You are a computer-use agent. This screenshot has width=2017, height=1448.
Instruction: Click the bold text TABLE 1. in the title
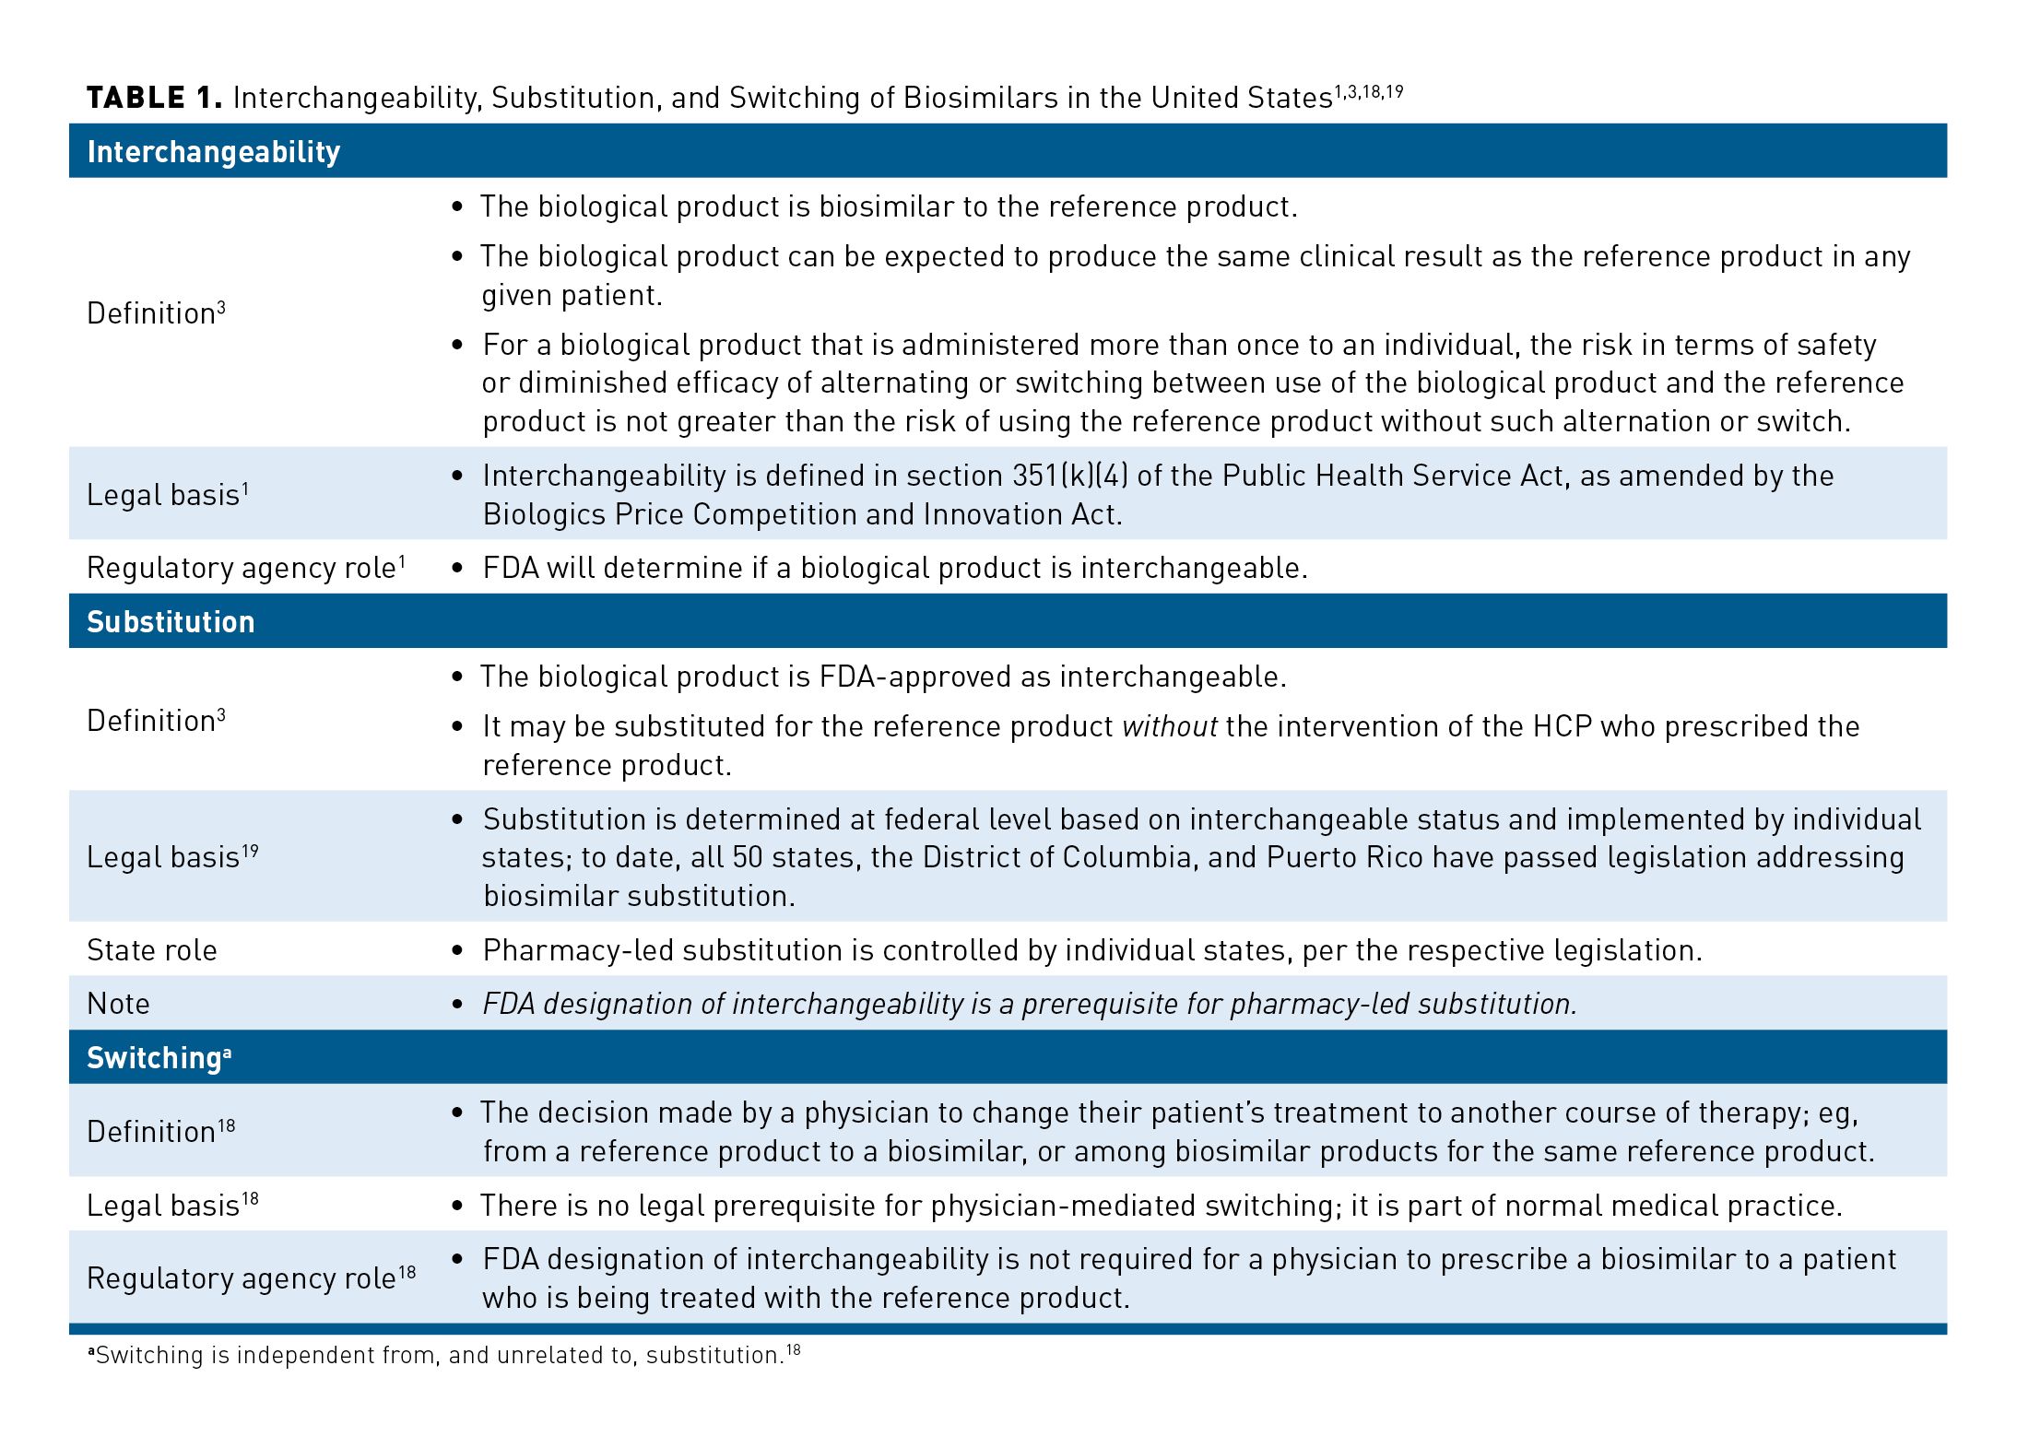[154, 98]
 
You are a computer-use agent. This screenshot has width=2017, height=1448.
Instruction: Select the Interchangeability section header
[213, 152]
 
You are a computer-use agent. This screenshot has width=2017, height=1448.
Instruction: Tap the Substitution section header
[171, 622]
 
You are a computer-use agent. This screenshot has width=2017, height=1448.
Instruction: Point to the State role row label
[152, 950]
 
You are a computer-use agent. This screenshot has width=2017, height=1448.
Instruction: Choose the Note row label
[118, 1004]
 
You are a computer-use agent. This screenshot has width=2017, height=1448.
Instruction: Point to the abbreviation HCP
[1563, 726]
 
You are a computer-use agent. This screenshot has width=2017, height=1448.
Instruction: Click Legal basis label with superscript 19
[172, 857]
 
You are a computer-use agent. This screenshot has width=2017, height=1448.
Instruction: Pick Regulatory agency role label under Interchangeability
[246, 568]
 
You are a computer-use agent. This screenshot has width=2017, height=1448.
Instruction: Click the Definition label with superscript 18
[160, 1131]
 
